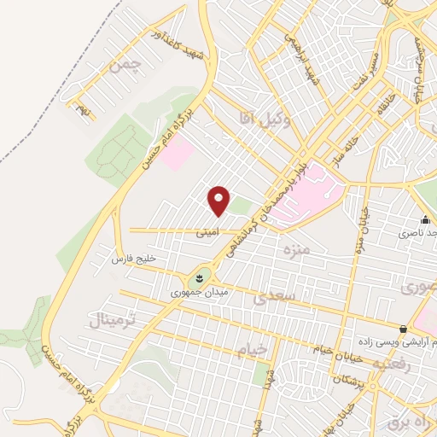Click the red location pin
pyautogui.click(x=219, y=201)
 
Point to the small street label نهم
pyautogui.click(x=83, y=110)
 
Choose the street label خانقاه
pyautogui.click(x=382, y=102)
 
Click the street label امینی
pyautogui.click(x=207, y=230)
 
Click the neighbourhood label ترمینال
pyautogui.click(x=113, y=321)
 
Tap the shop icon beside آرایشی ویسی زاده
pyautogui.click(x=404, y=329)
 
